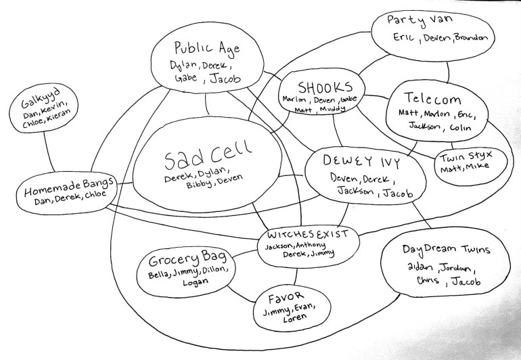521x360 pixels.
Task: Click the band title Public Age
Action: [207, 48]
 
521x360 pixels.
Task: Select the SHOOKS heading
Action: [325, 87]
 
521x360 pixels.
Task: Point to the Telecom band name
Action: [432, 98]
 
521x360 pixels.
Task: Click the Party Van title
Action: [420, 20]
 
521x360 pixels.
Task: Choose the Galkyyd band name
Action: [41, 97]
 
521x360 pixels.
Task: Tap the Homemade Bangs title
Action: [69, 187]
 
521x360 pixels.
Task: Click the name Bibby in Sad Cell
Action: [198, 184]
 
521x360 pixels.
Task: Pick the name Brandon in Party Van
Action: [471, 38]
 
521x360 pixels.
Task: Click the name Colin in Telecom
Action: [460, 127]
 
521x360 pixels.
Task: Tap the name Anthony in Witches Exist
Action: [311, 246]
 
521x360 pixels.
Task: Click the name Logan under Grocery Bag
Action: [196, 282]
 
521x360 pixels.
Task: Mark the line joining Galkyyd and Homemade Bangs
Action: [48, 152]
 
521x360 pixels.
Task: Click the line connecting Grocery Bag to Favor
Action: [241, 294]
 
